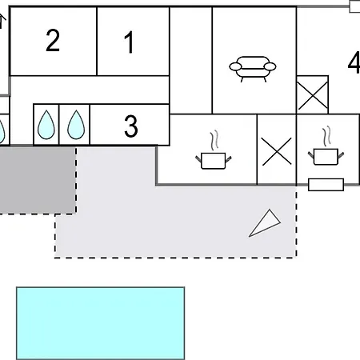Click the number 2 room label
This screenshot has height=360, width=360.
click(53, 40)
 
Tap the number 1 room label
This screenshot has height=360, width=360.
click(129, 42)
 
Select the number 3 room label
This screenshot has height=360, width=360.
click(131, 126)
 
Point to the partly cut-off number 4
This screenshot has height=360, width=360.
click(354, 63)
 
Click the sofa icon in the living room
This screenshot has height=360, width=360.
click(253, 69)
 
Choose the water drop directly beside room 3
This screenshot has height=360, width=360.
click(76, 125)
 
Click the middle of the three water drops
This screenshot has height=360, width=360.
click(46, 125)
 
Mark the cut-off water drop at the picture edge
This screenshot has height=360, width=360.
click(2, 131)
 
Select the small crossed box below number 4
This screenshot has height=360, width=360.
click(313, 95)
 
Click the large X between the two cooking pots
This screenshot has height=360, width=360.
click(277, 151)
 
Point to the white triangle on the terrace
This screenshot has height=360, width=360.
click(265, 223)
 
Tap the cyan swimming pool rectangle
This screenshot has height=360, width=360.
click(101, 323)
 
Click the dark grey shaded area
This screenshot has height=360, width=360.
click(38, 180)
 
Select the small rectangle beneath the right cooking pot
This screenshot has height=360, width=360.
click(326, 185)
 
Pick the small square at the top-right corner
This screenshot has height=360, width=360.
click(354, 6)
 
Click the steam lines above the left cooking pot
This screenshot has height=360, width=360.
click(214, 140)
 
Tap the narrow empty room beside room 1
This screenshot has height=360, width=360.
click(191, 60)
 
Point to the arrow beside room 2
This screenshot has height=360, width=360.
click(2, 22)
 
